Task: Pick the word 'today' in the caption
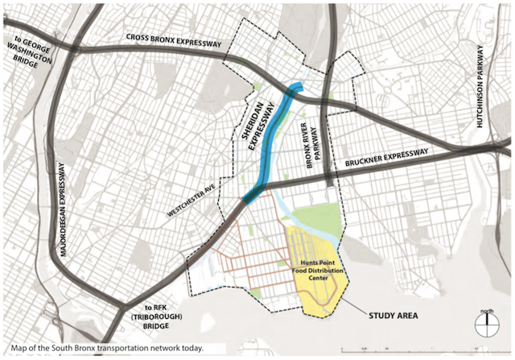coord(190,349)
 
